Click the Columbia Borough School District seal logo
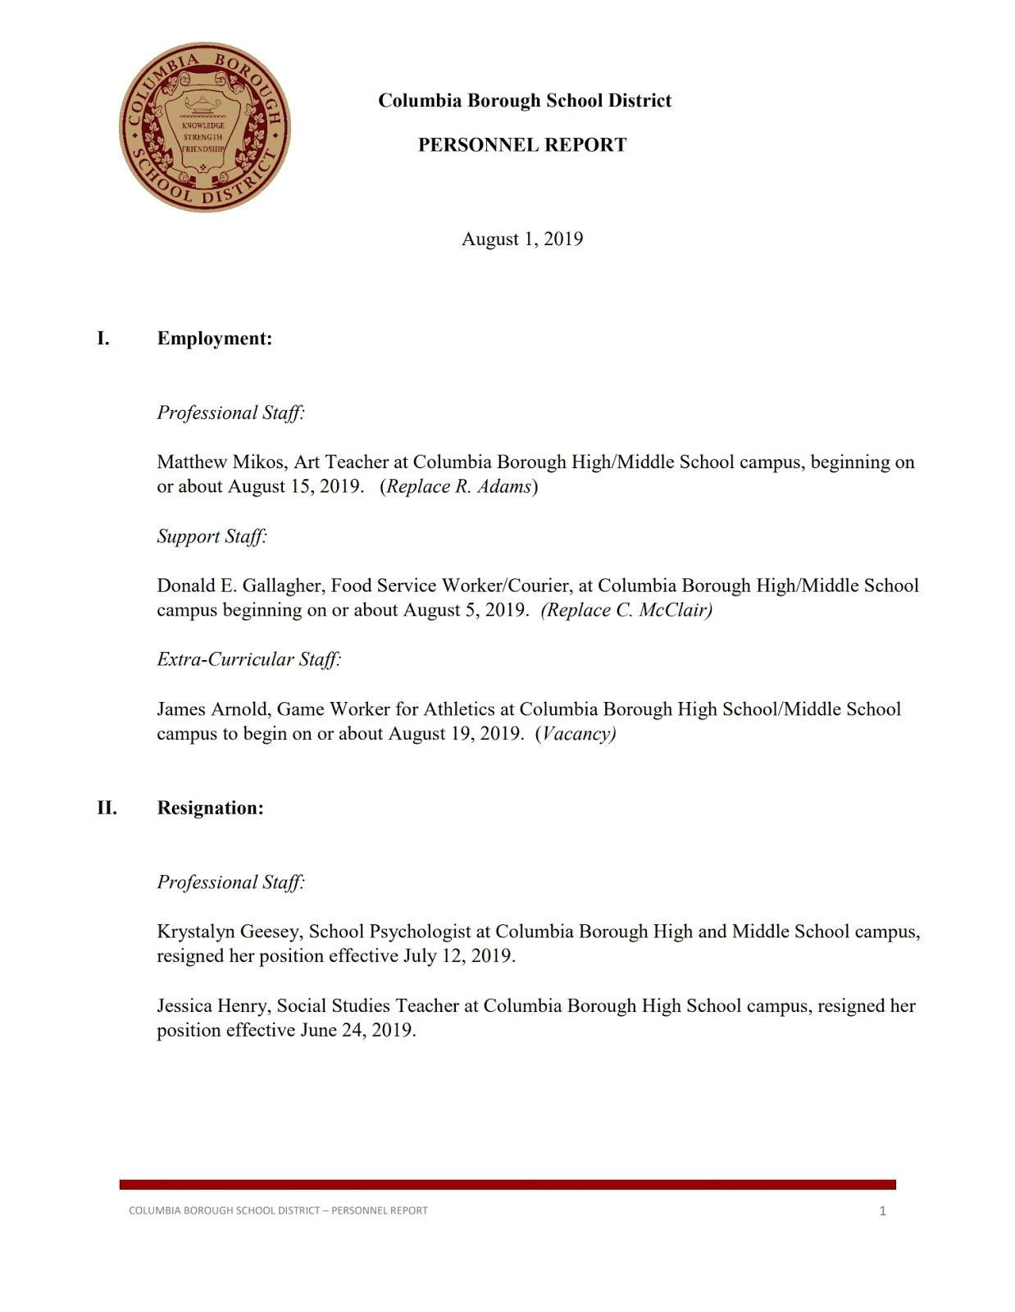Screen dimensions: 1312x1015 (x=205, y=127)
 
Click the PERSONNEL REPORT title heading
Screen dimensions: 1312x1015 (x=522, y=145)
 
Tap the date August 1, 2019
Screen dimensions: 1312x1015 (x=522, y=239)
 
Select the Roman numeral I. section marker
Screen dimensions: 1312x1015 (x=103, y=339)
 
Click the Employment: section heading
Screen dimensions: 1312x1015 (x=214, y=339)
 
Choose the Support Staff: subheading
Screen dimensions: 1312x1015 (x=212, y=536)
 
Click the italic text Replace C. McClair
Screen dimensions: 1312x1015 (x=627, y=610)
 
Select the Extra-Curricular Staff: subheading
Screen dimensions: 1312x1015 (x=248, y=659)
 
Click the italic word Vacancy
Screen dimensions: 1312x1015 (x=577, y=734)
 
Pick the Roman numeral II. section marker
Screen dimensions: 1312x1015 (x=107, y=809)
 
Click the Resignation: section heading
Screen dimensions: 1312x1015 (x=210, y=809)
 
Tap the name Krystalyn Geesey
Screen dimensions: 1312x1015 (x=230, y=932)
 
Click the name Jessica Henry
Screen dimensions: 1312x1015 (x=213, y=1006)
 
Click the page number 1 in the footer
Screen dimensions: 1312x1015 (x=882, y=1211)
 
